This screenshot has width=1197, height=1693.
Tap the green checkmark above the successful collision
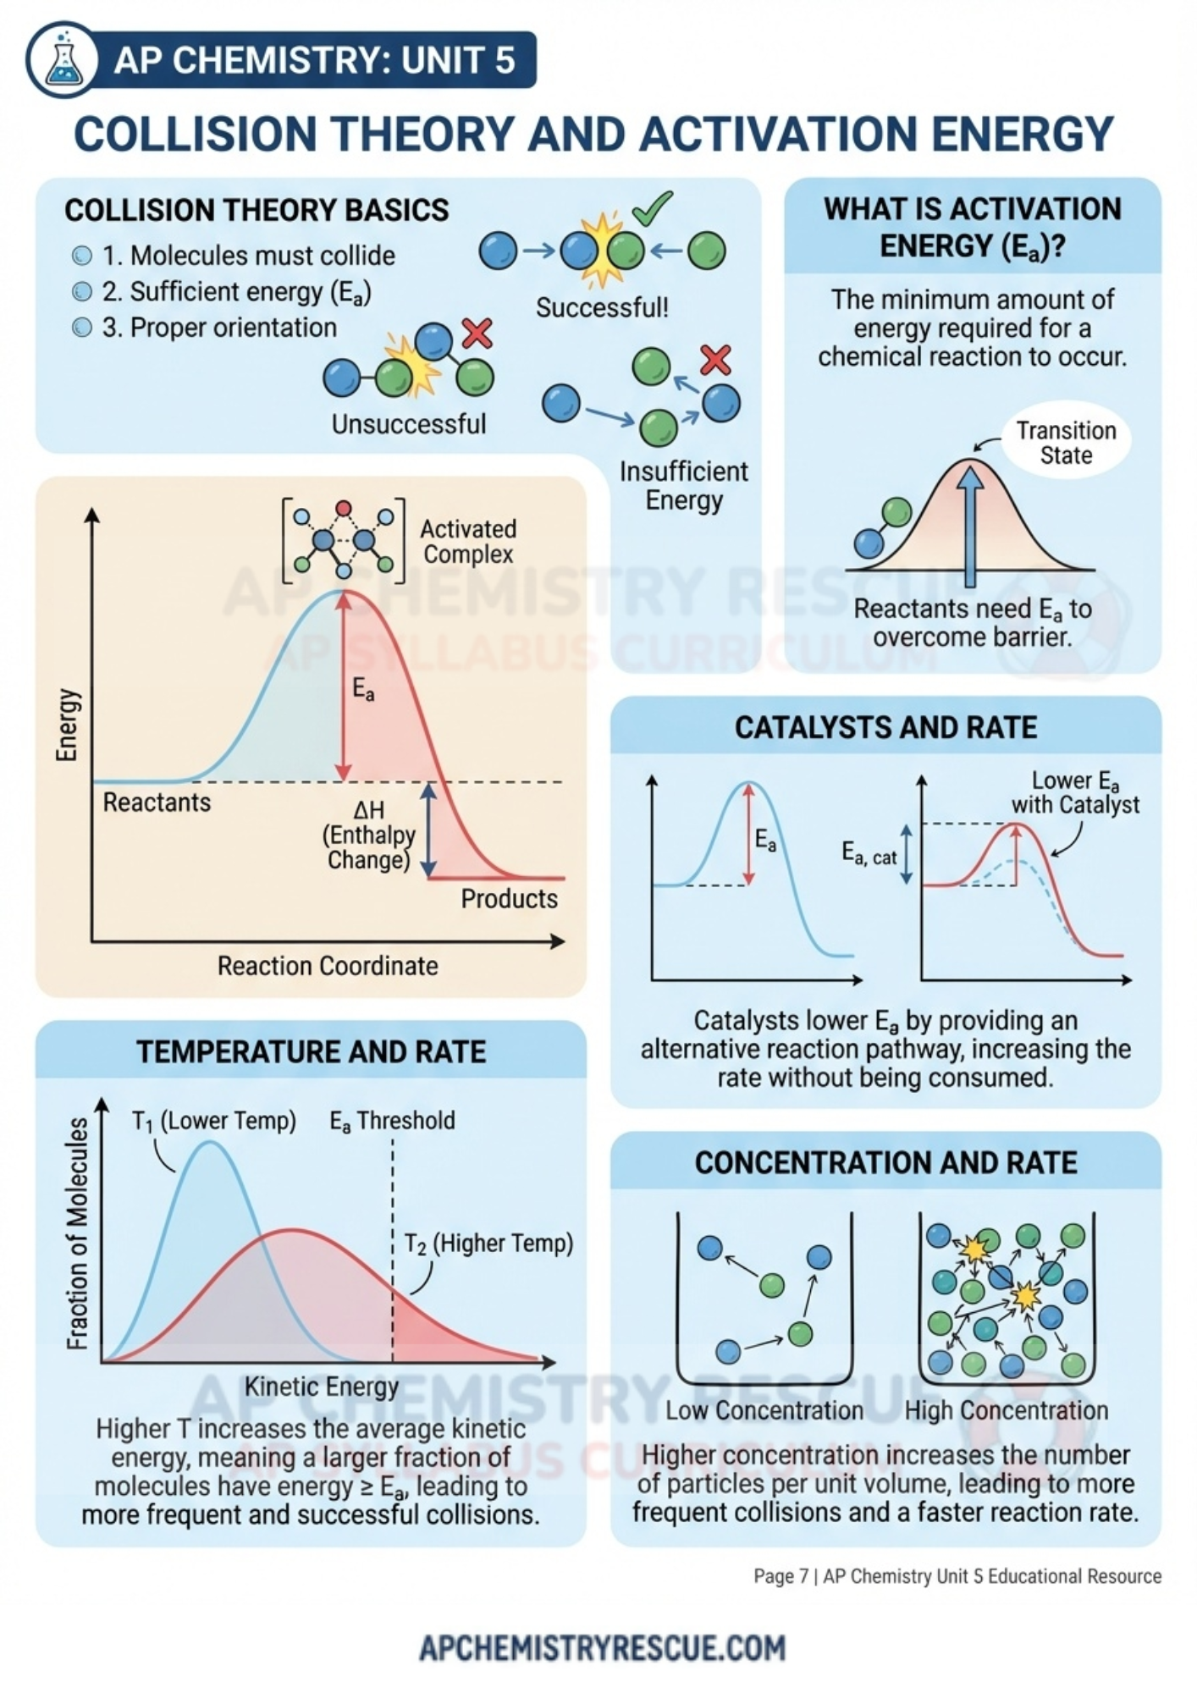click(652, 207)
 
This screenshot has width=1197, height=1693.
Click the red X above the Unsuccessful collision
click(477, 333)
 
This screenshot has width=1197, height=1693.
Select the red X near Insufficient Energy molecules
click(716, 360)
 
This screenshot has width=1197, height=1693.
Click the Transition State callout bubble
click(1066, 443)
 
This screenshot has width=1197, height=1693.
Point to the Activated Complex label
click(468, 542)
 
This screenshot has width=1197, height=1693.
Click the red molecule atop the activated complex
click(343, 508)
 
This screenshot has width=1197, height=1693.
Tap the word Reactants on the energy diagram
click(157, 802)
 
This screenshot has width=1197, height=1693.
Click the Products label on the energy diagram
click(509, 899)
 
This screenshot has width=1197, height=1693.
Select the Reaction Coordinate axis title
click(328, 966)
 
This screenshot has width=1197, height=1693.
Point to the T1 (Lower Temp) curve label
click(214, 1121)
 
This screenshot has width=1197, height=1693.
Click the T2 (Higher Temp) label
click(488, 1244)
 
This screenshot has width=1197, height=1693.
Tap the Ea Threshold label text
click(392, 1121)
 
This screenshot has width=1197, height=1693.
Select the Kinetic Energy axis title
click(321, 1387)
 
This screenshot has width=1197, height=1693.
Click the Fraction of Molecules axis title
click(77, 1233)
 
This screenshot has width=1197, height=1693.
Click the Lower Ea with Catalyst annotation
click(1075, 792)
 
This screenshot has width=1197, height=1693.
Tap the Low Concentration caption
click(764, 1410)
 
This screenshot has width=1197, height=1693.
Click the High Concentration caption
click(1006, 1410)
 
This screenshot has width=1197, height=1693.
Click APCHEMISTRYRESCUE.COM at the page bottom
click(602, 1647)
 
